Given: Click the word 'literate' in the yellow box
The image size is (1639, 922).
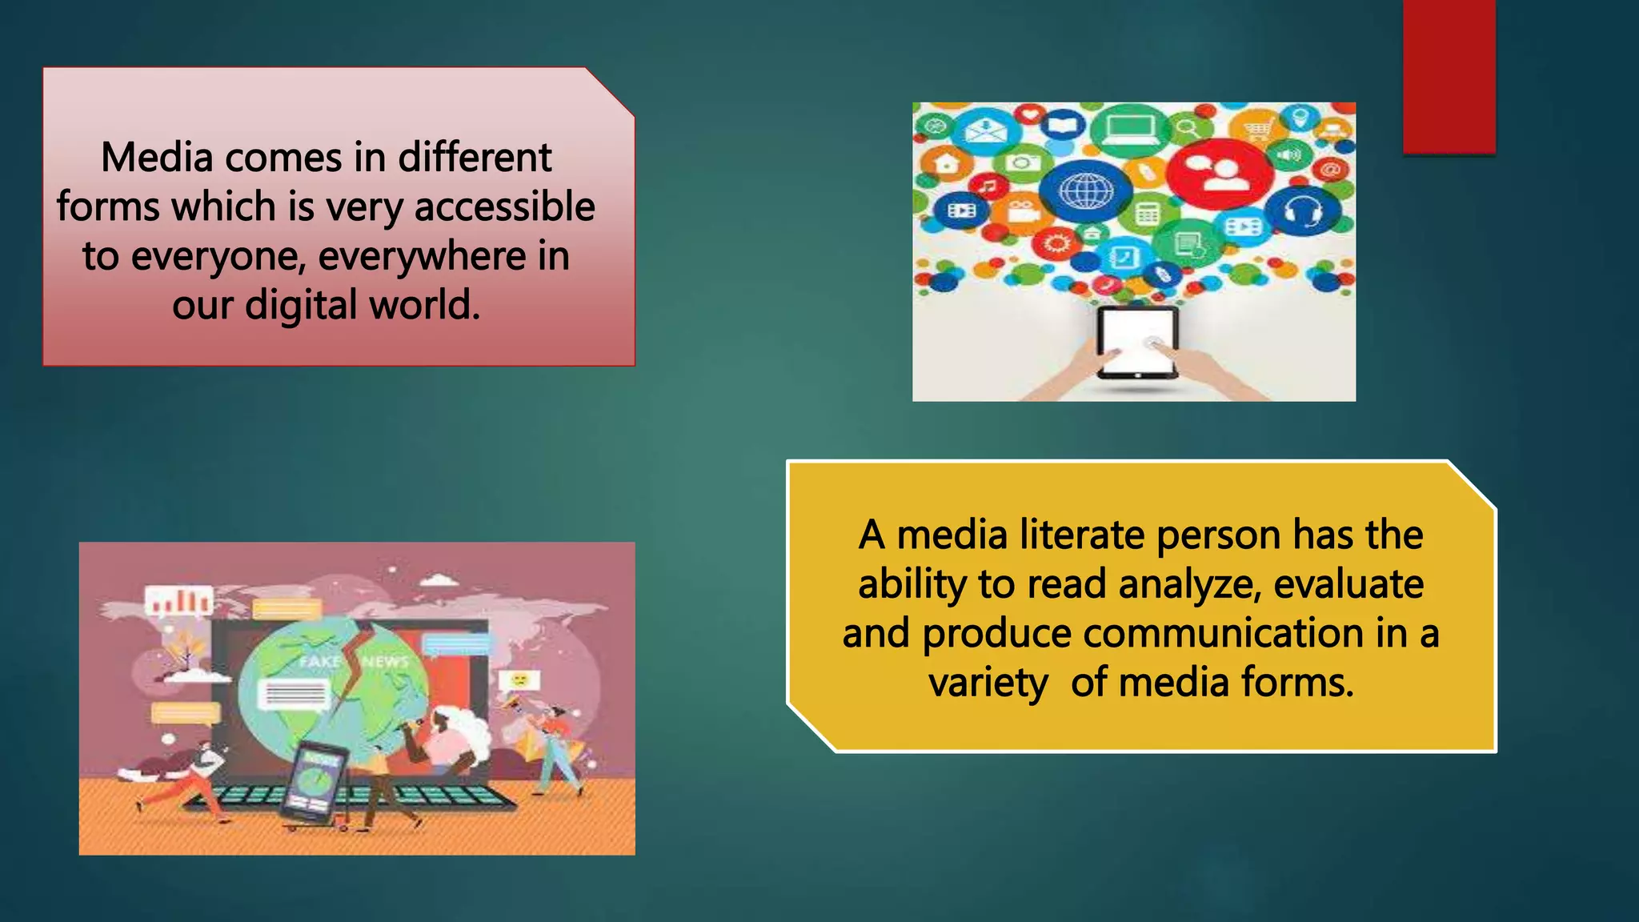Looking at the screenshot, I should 1082,535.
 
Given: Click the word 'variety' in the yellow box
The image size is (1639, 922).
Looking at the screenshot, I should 988,683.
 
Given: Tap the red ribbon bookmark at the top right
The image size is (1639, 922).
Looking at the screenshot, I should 1449,76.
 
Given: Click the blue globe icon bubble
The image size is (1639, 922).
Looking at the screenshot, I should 1085,190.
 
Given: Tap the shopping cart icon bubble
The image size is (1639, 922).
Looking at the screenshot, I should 1258,127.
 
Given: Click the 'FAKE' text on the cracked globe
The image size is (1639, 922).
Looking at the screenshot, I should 319,662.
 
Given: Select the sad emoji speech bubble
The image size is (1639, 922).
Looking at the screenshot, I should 520,680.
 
